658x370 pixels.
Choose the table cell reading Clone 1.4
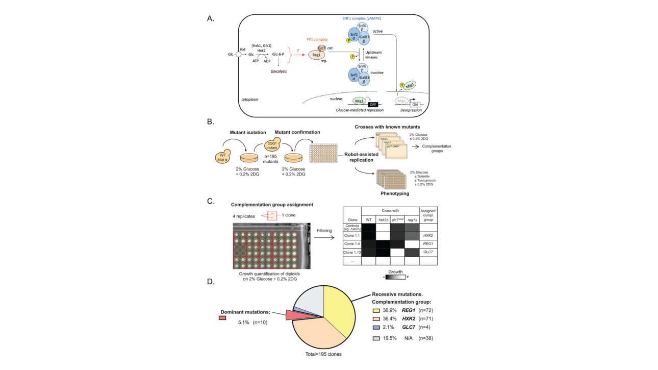[x=351, y=242]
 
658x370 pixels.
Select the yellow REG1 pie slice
[x=340, y=311]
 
